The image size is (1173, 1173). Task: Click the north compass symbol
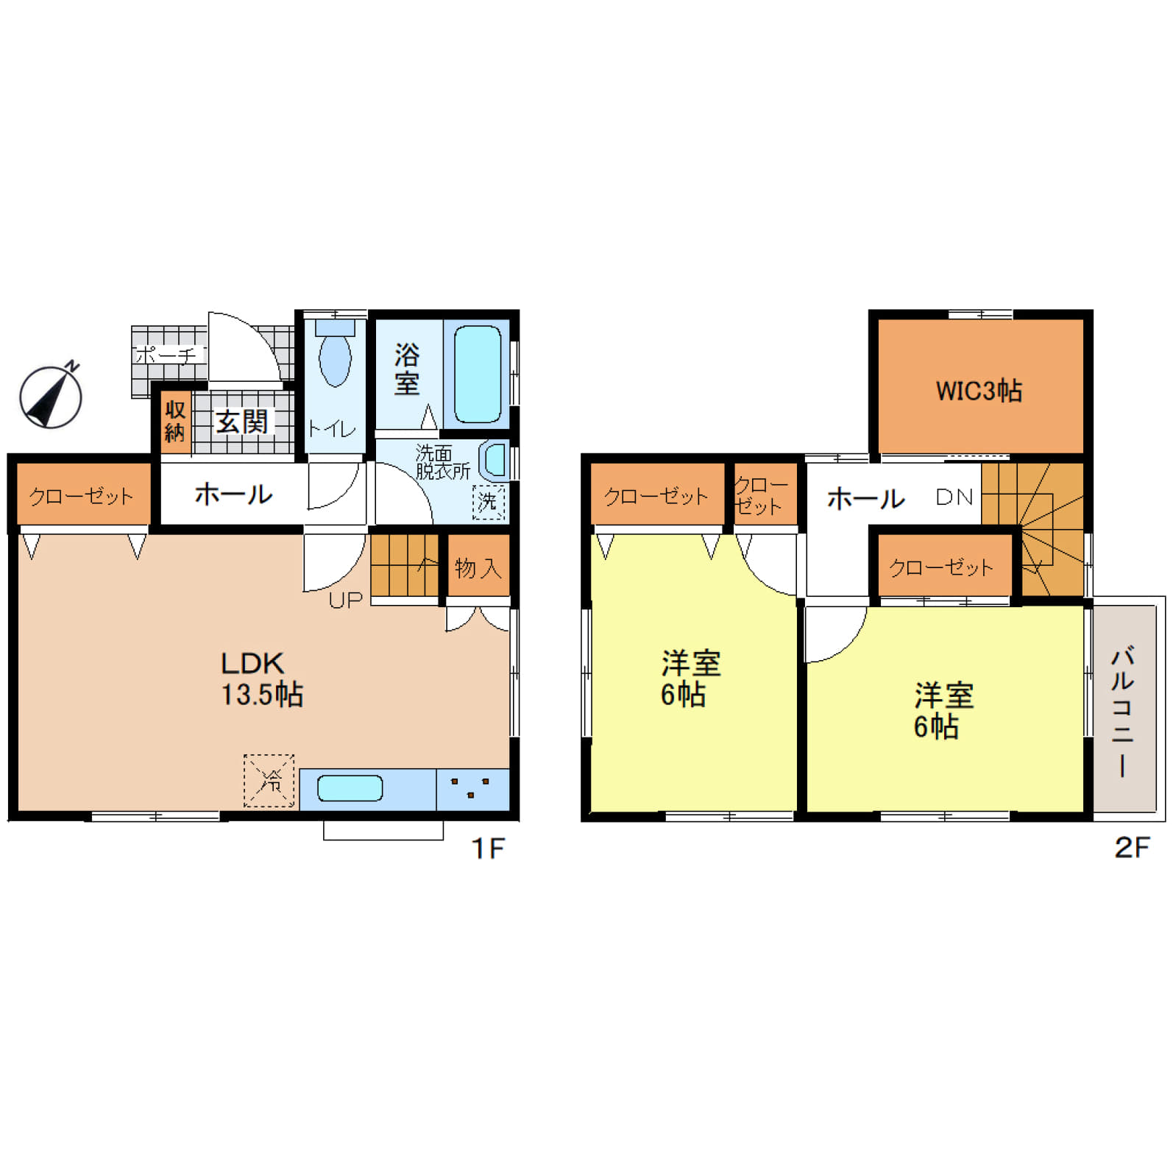pyautogui.click(x=51, y=396)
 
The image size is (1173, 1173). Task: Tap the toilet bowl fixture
pyautogui.click(x=335, y=352)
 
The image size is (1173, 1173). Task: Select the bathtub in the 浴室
pyautogui.click(x=478, y=375)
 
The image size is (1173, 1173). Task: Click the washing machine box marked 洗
pyautogui.click(x=489, y=502)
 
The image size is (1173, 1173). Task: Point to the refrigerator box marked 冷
pyautogui.click(x=269, y=780)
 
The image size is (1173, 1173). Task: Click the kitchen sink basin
pyautogui.click(x=350, y=788)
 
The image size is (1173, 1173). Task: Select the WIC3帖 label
pyautogui.click(x=979, y=391)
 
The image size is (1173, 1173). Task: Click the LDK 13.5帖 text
pyautogui.click(x=262, y=678)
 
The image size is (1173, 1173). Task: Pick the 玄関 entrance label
pyautogui.click(x=241, y=422)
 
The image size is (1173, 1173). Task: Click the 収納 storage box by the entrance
pyautogui.click(x=175, y=421)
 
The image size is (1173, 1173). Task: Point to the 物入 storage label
pyautogui.click(x=478, y=568)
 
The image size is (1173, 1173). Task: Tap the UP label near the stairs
pyautogui.click(x=346, y=600)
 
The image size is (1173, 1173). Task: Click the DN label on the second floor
pyautogui.click(x=954, y=497)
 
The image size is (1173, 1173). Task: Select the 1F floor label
pyautogui.click(x=488, y=848)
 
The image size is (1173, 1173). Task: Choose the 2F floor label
pyautogui.click(x=1132, y=847)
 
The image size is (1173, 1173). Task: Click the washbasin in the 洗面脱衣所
pyautogui.click(x=495, y=460)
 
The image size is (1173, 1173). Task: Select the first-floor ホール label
pyautogui.click(x=233, y=494)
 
